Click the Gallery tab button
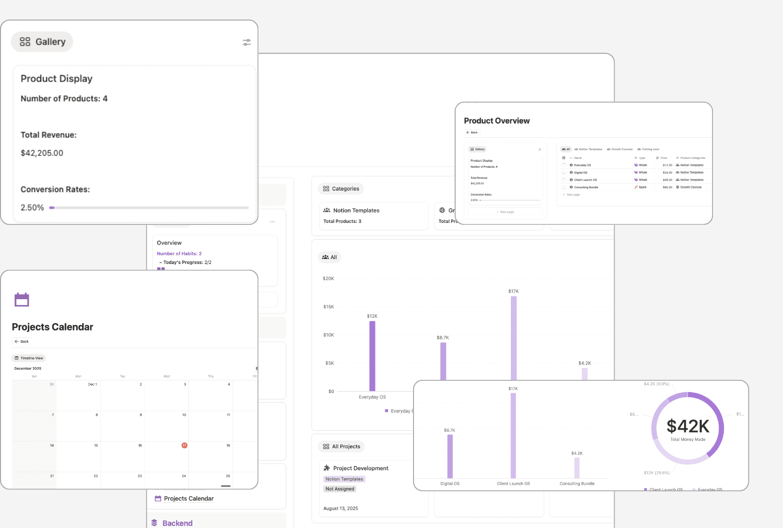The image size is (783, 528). pos(42,42)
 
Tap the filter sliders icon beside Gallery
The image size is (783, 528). pos(247,43)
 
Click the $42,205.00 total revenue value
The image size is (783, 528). pos(42,153)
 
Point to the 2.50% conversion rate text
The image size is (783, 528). pos(32,208)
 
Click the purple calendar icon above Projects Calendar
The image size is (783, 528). pos(22,300)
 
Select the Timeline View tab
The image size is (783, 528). pos(29,358)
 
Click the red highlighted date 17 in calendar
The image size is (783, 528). pos(184,445)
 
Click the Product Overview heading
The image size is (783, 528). pos(497,121)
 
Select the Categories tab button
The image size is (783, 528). pos(341,189)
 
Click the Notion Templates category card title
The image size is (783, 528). pos(356,211)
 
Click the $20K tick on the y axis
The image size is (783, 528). pos(328,279)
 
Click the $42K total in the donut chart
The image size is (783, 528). pos(688,426)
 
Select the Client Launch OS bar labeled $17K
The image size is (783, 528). pos(513,435)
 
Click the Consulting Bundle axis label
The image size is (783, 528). pos(577,484)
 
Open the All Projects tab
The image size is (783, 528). pos(342,446)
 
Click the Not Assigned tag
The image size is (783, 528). pos(340,489)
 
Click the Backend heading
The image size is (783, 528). pos(177,523)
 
